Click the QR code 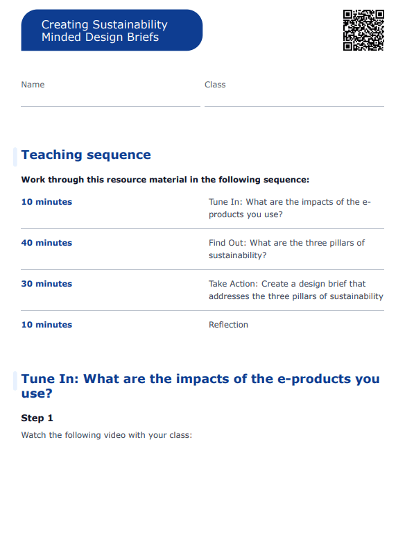click(x=363, y=30)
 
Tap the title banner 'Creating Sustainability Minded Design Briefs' click(x=112, y=31)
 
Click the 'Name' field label click(x=33, y=85)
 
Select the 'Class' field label click(x=215, y=85)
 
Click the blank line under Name click(x=110, y=105)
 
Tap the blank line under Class click(x=294, y=105)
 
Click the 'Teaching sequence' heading click(x=86, y=155)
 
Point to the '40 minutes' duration click(x=46, y=243)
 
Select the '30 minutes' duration click(x=46, y=284)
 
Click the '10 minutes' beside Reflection click(x=46, y=325)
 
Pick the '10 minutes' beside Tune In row click(x=46, y=202)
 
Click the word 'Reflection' click(x=228, y=325)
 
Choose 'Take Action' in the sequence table click(x=232, y=284)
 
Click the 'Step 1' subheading click(x=37, y=418)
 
